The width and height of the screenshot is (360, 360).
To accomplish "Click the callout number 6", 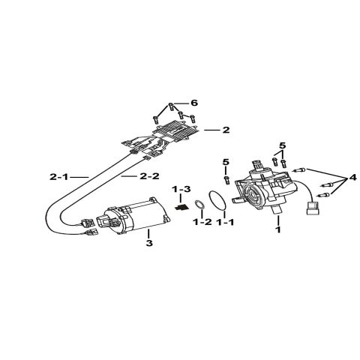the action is [x=194, y=103].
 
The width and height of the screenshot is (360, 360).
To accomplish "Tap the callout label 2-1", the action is [x=58, y=177].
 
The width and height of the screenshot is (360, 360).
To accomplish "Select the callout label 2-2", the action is [x=149, y=176].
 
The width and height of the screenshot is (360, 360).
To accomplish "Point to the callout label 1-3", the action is [x=181, y=189].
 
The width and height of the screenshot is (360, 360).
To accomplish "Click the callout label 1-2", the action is [x=202, y=222].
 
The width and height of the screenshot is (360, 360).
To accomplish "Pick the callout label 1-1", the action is [x=225, y=222].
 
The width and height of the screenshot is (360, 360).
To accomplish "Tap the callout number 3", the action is [x=149, y=243].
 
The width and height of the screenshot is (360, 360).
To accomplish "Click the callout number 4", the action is [x=352, y=178].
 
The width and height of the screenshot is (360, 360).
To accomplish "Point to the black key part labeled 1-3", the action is [x=181, y=207].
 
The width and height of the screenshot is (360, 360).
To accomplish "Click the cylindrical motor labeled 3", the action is [x=136, y=216].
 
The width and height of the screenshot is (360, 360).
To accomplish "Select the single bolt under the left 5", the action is [x=226, y=180].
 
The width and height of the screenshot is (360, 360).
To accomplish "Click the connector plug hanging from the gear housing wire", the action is [x=313, y=208].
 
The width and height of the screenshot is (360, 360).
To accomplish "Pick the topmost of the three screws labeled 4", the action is [x=300, y=170].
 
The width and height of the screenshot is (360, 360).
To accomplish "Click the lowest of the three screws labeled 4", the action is [x=323, y=195].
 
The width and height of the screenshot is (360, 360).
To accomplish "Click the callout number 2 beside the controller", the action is [x=226, y=130].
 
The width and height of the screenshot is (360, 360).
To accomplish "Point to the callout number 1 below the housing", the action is [x=278, y=229].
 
